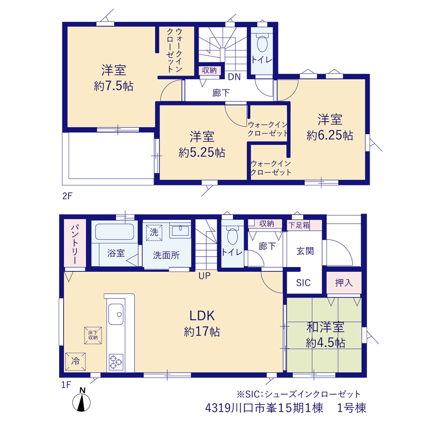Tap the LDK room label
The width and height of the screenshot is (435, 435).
202,316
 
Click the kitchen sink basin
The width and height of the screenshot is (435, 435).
116,314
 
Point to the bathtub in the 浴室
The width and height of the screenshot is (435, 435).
115,232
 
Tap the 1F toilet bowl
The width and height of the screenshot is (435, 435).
232,237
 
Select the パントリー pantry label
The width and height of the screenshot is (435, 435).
75,244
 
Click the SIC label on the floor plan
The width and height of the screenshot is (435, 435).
303,283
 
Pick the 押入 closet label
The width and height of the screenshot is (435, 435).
344,283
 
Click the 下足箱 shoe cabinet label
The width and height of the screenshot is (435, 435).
299,225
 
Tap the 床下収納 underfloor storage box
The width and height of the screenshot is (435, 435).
93,335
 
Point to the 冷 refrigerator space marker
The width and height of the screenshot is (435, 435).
75,362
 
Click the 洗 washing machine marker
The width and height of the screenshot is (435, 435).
154,232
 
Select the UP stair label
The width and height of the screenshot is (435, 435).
205,276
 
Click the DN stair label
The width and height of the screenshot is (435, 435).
234,77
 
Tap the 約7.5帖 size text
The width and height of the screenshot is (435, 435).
114,86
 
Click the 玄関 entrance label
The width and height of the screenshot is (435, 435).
305,251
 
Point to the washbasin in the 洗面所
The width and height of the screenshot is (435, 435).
180,231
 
